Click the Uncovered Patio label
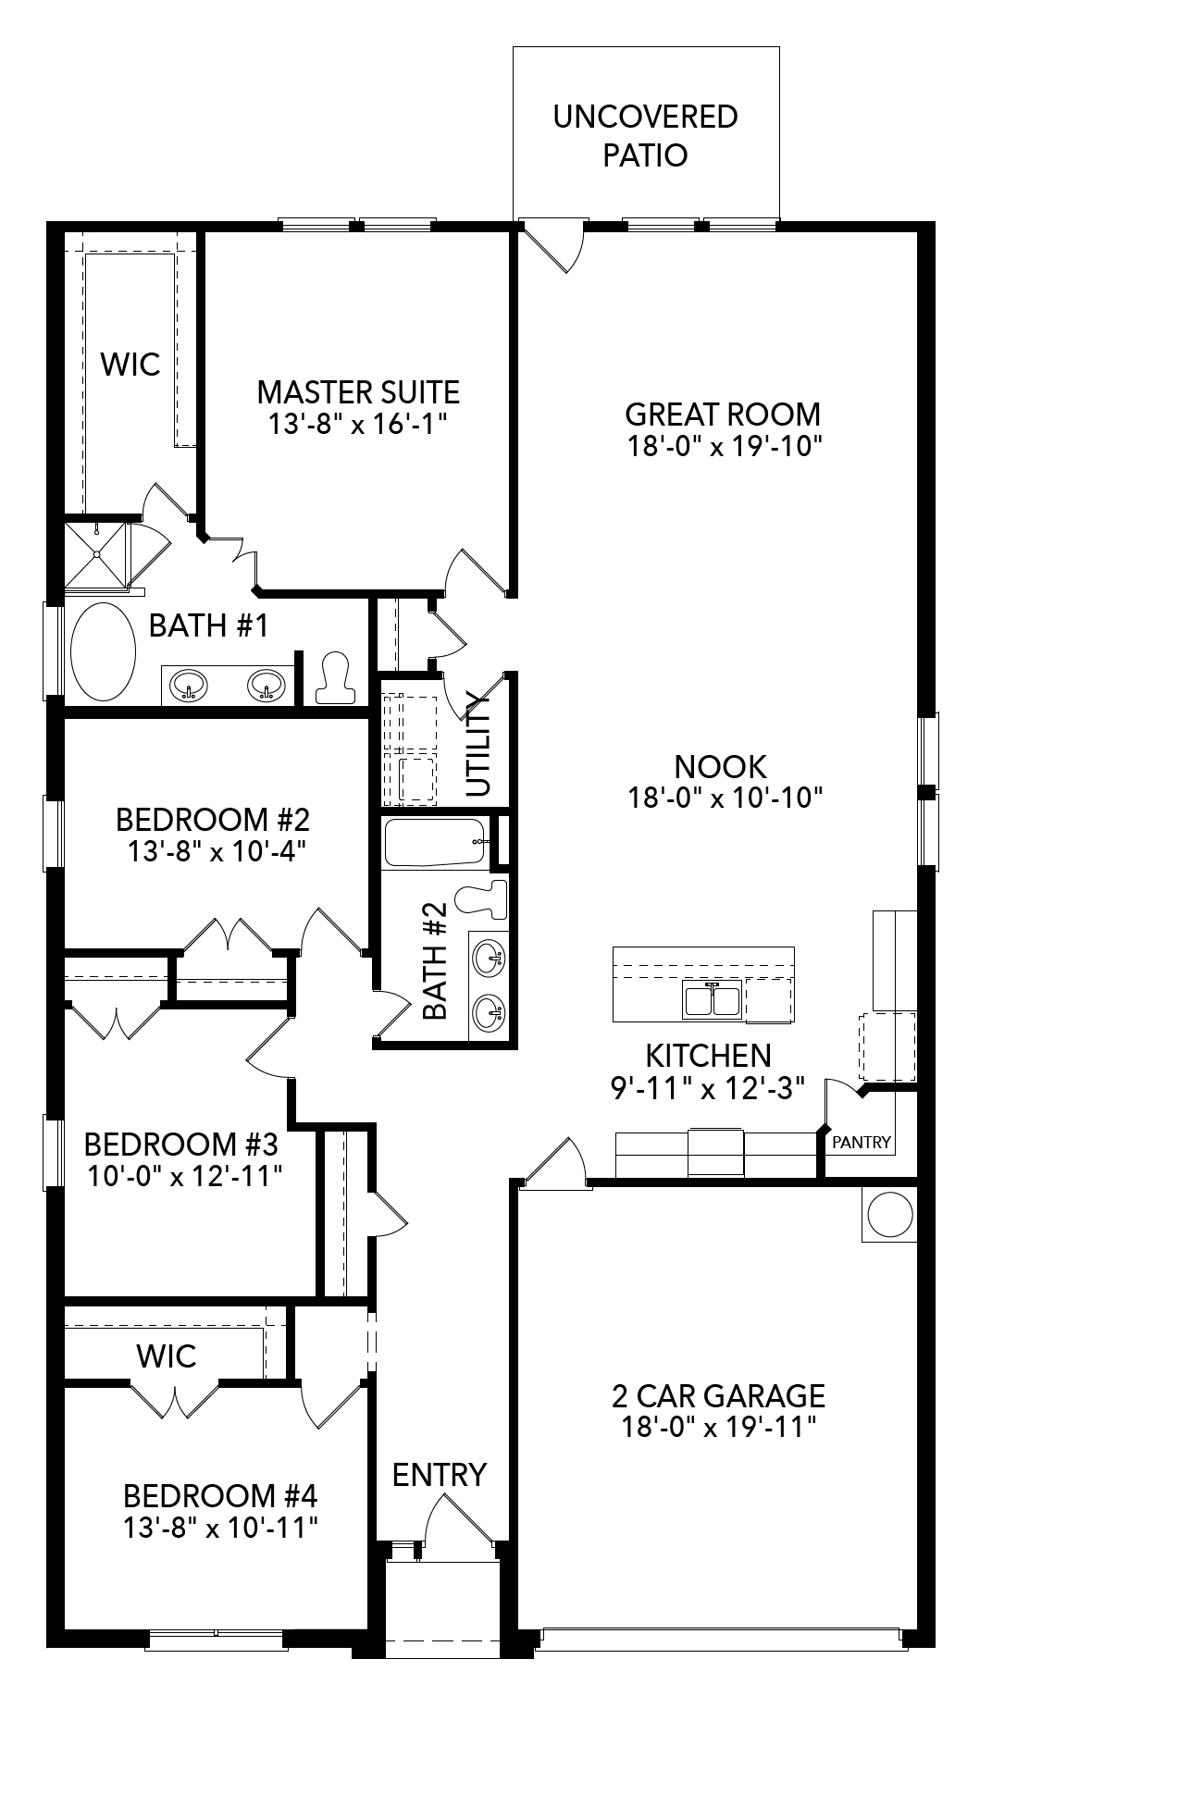point(645,136)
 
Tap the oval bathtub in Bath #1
point(103,651)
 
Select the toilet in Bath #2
point(483,897)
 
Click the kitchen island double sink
point(711,999)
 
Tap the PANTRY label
point(861,1143)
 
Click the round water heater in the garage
point(890,1214)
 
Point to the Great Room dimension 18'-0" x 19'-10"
point(724,446)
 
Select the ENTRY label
point(439,1474)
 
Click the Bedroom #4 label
point(220,1495)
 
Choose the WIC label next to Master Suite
point(130,365)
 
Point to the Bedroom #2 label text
point(213,820)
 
